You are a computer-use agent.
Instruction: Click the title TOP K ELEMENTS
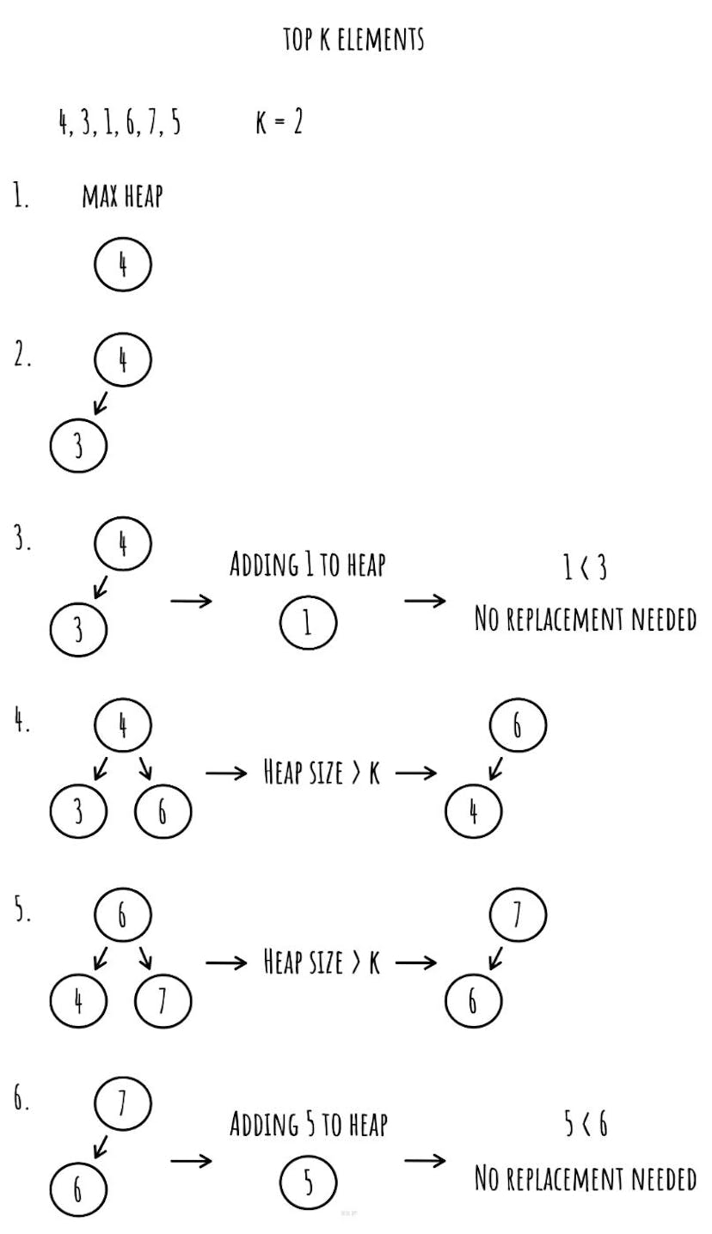353,40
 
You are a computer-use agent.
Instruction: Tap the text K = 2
279,123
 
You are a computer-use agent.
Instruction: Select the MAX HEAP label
122,197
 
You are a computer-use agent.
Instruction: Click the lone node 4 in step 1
122,266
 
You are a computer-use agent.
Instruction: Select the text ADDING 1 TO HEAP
307,565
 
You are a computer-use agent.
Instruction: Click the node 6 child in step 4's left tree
163,810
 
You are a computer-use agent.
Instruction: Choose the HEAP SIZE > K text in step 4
321,773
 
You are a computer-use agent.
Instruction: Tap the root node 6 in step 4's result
518,726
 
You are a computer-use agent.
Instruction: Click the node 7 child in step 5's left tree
163,1001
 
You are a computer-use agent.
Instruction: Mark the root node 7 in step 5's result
518,916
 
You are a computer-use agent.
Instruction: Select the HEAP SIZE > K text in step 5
321,962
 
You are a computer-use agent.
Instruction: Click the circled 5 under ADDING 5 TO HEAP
307,1183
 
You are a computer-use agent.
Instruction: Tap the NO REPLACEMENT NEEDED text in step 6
586,1179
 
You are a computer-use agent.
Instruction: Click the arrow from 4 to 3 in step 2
101,403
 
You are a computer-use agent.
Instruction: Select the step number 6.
21,1101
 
